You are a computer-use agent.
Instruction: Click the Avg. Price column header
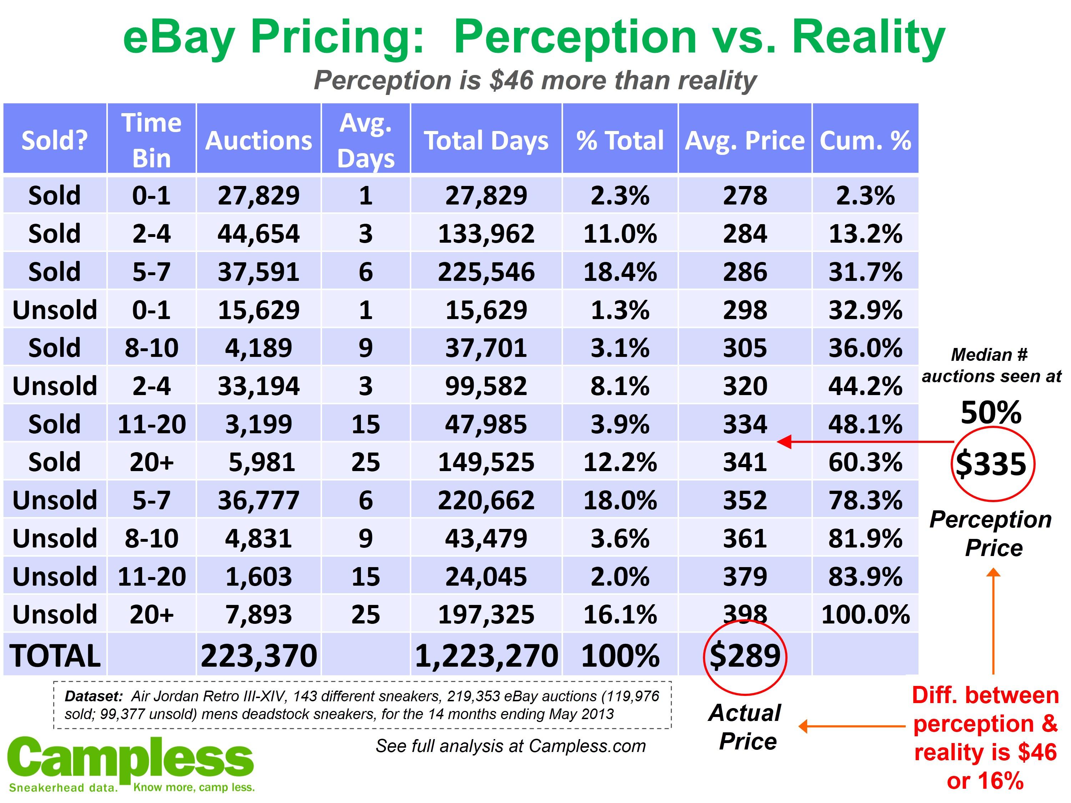point(745,140)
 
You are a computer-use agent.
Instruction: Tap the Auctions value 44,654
point(258,233)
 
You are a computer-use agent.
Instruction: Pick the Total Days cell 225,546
point(486,272)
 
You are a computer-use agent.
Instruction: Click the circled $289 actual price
point(745,656)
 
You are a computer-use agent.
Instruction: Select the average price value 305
point(745,348)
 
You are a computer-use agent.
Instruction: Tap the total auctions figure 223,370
point(258,656)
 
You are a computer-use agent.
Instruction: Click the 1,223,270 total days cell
point(486,656)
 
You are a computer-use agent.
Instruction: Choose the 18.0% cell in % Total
point(620,500)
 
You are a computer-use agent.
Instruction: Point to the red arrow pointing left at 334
point(862,441)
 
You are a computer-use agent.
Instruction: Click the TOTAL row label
point(55,656)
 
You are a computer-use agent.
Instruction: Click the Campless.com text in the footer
point(587,746)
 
